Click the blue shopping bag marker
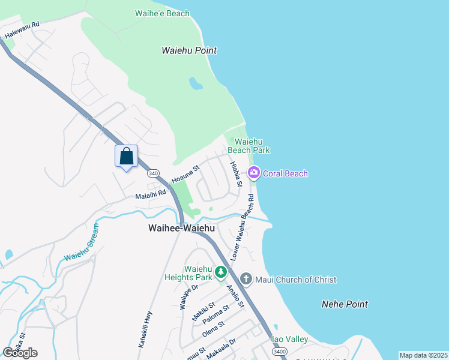click(x=126, y=157)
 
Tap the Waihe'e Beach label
click(x=162, y=13)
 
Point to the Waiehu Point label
click(x=189, y=51)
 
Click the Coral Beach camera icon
click(x=253, y=173)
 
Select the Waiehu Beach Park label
click(x=249, y=146)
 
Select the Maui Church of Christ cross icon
click(x=246, y=279)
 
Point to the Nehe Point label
click(x=345, y=304)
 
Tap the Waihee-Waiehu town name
click(x=181, y=228)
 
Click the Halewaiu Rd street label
click(x=22, y=31)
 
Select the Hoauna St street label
click(x=185, y=175)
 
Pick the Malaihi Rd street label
click(x=150, y=193)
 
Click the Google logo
click(x=20, y=353)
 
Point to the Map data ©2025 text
click(x=423, y=355)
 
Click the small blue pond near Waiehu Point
click(x=196, y=83)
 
